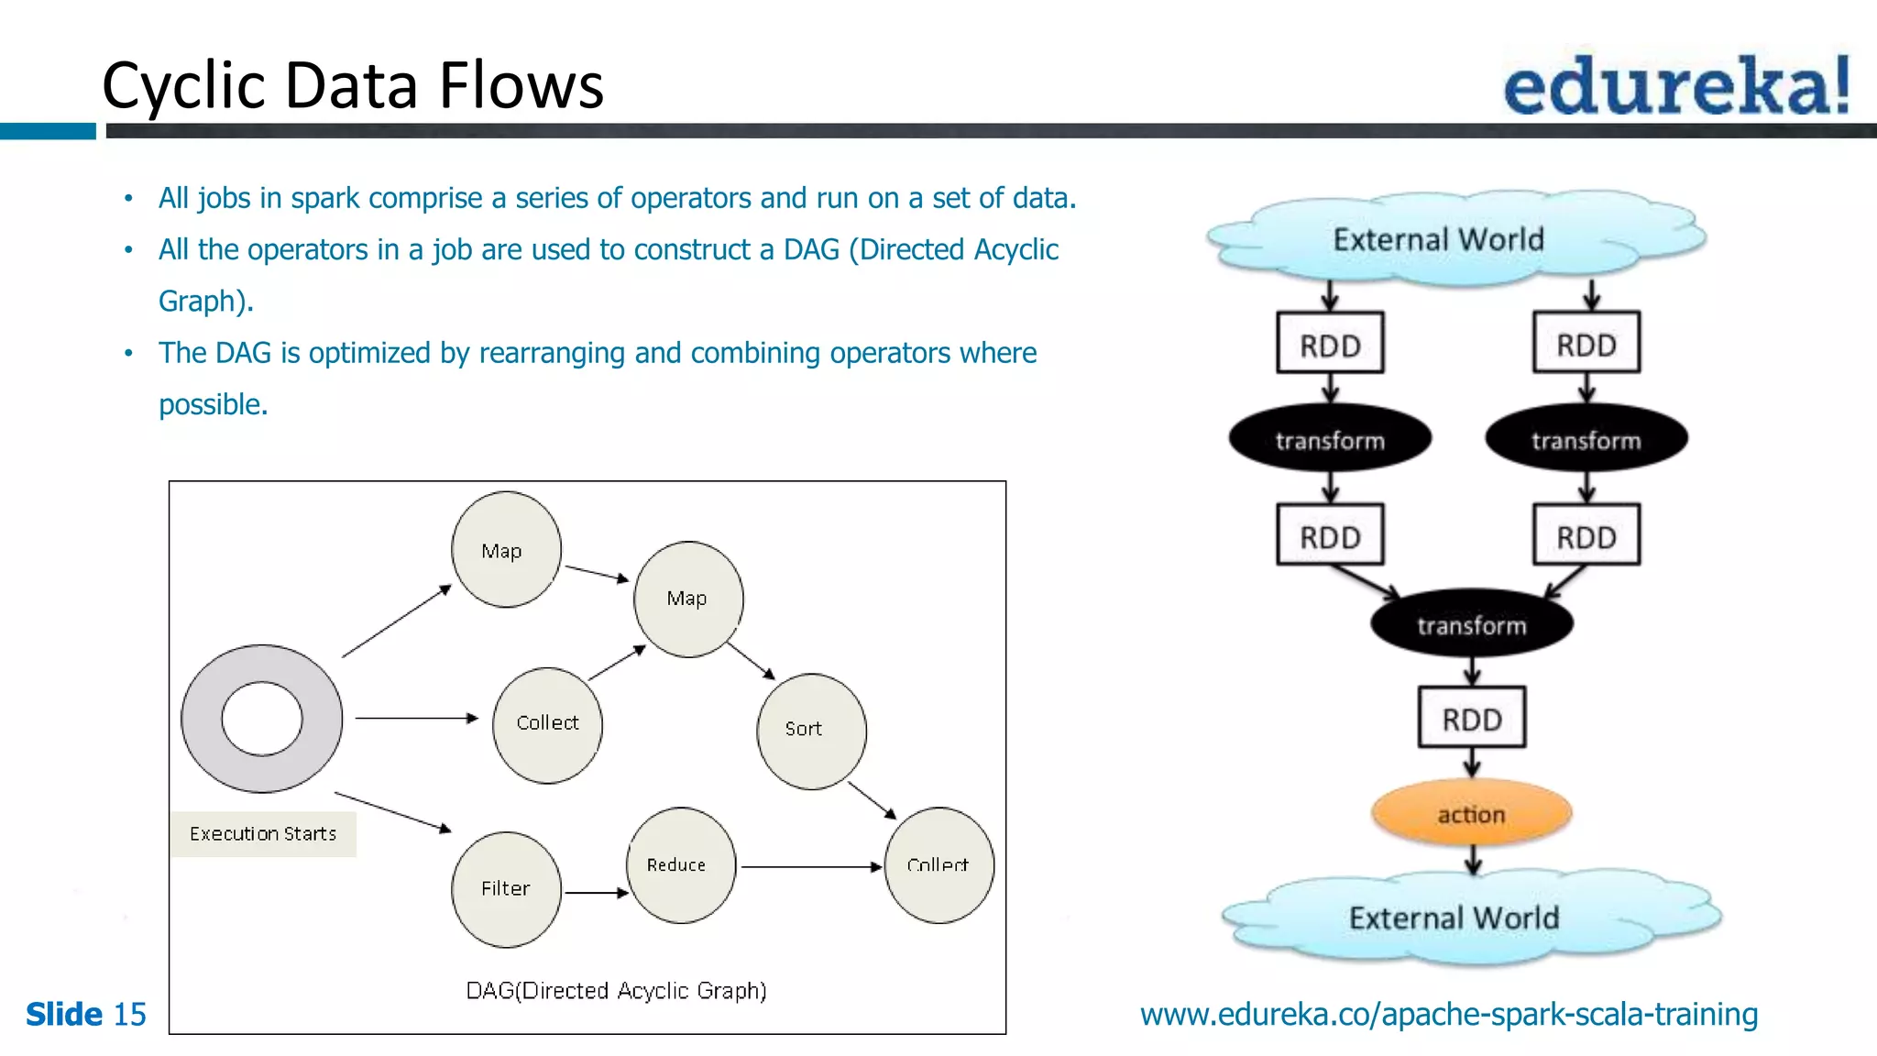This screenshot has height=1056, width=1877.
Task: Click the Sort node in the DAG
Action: coord(811,731)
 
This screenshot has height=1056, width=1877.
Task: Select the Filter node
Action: coord(506,889)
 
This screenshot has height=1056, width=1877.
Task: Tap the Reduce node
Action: coord(681,864)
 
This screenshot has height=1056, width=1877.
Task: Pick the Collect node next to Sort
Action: coord(938,864)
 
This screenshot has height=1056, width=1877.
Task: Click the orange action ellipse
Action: coord(1471,813)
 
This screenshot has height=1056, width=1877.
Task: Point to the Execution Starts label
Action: coord(263,834)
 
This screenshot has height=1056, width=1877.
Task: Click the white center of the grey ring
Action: coord(262,719)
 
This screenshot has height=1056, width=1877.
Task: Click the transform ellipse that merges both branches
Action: coord(1471,625)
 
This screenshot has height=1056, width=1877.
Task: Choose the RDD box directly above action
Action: coord(1472,719)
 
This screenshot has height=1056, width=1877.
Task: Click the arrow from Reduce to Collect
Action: coord(811,866)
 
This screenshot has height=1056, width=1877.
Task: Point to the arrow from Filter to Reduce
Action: coord(596,892)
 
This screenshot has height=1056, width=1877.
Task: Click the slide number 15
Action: coord(129,1014)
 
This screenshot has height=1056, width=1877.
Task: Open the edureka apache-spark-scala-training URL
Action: coord(1448,1014)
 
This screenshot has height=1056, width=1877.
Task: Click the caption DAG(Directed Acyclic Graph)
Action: coord(616,991)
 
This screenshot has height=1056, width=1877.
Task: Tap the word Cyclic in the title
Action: coord(184,86)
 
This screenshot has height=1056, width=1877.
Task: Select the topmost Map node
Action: coord(506,550)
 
